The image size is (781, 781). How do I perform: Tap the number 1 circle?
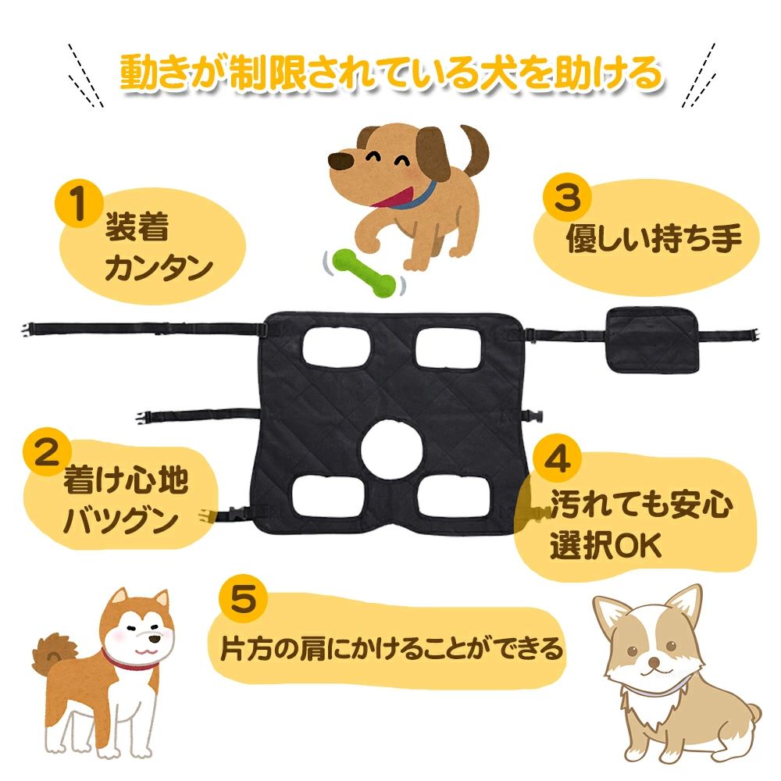click(77, 205)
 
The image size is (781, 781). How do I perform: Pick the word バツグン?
click(119, 521)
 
